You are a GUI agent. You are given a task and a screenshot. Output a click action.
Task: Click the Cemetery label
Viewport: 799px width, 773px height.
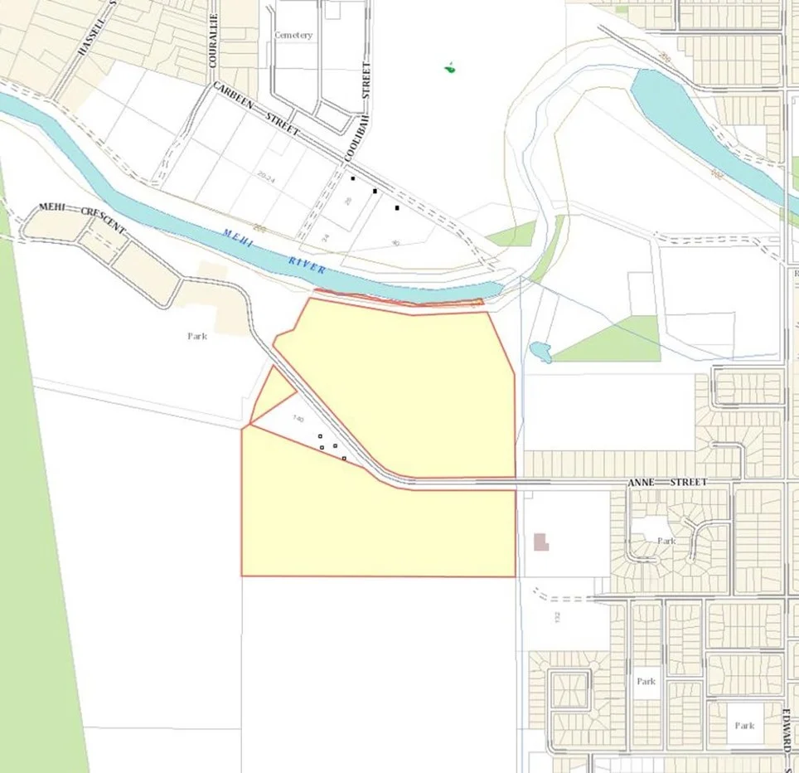[x=294, y=36]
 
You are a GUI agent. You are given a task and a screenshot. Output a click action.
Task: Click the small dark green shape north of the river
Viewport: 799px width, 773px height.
[x=450, y=67]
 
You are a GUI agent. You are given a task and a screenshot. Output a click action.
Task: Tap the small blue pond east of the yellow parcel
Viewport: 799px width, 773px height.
[x=540, y=352]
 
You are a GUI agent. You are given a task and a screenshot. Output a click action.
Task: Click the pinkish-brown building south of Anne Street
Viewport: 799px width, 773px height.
[x=541, y=542]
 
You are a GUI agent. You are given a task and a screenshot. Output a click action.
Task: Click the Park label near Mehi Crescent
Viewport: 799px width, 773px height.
[x=197, y=337]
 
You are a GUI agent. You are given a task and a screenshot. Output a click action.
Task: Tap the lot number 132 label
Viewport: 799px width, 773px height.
[x=558, y=618]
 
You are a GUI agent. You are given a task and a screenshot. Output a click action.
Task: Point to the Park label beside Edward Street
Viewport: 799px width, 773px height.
[x=744, y=726]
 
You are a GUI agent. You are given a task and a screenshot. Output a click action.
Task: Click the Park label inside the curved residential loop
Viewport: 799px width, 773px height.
[x=666, y=541]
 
